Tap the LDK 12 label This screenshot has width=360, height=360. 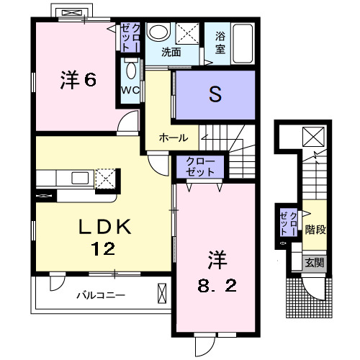click(x=104, y=238)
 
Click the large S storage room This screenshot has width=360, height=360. click(x=214, y=94)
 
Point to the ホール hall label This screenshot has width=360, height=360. click(x=174, y=138)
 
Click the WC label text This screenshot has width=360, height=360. click(x=130, y=91)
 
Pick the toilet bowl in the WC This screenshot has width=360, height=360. click(x=131, y=70)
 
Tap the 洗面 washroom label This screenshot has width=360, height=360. click(x=171, y=52)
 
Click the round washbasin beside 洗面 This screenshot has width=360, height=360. click(x=156, y=32)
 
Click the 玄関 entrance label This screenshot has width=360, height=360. click(x=312, y=263)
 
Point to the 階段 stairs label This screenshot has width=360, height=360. click(x=314, y=230)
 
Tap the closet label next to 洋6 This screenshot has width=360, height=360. click(x=130, y=36)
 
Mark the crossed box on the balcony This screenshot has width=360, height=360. click(x=161, y=294)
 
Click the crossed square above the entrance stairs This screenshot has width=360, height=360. click(x=314, y=136)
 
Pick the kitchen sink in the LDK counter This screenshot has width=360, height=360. click(x=79, y=178)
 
